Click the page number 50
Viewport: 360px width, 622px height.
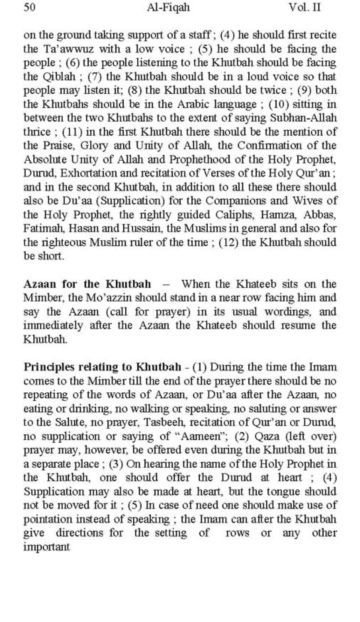(x=29, y=7)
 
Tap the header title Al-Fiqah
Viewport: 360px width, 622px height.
(x=168, y=7)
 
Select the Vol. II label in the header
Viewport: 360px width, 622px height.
(x=304, y=7)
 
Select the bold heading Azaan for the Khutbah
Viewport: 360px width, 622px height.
(x=87, y=284)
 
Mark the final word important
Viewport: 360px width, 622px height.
(x=46, y=547)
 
